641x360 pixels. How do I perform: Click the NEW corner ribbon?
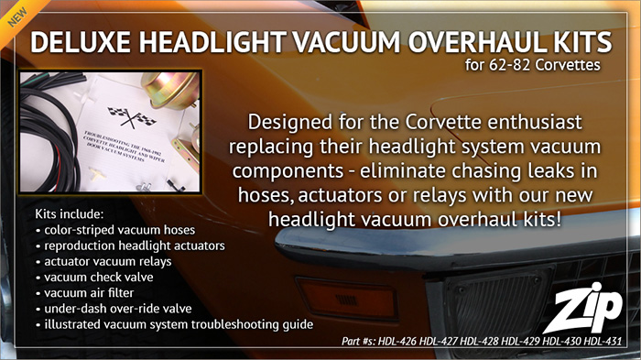[14, 14]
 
